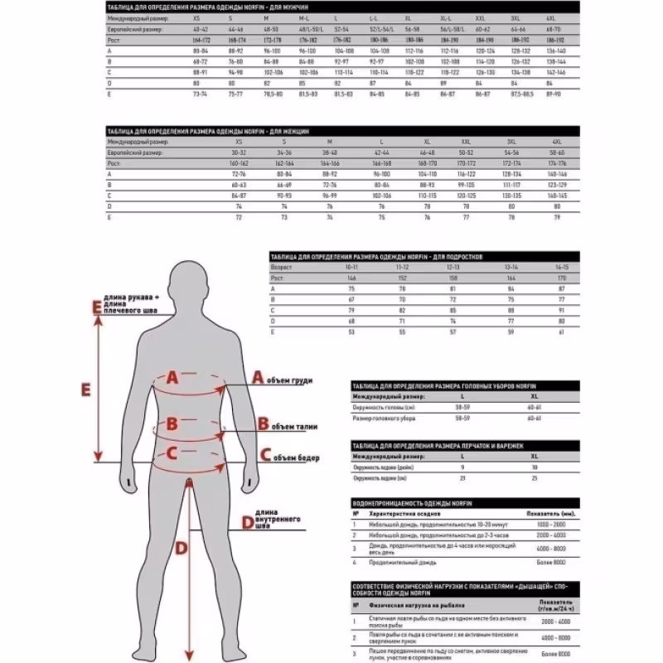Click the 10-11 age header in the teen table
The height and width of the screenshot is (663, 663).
coord(353,268)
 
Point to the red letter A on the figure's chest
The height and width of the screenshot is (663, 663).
coord(172,377)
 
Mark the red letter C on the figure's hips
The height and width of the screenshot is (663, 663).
coord(172,453)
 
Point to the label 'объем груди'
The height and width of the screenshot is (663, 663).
coord(292,380)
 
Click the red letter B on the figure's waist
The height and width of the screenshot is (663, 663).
coord(172,423)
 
